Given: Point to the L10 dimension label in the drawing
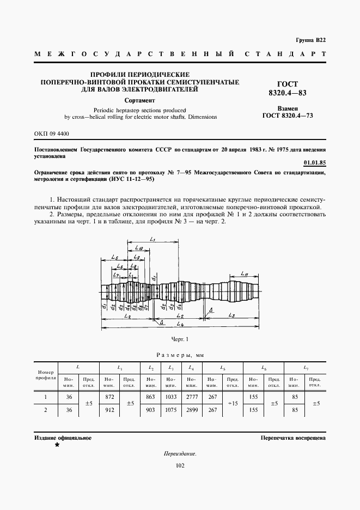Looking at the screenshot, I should pos(139,248).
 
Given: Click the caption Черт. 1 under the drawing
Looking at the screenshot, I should pos(180,340).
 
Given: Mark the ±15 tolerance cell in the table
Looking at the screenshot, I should pos(232,403).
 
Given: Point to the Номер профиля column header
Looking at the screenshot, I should pos(46,374).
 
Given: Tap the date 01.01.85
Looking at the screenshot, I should pos(314,163).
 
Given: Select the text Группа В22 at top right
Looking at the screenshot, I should pos(311,41).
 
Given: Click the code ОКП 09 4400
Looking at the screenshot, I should pos(51,133).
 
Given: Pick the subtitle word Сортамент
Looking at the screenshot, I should pos(140,100).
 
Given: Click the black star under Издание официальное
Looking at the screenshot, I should pos(57,445).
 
